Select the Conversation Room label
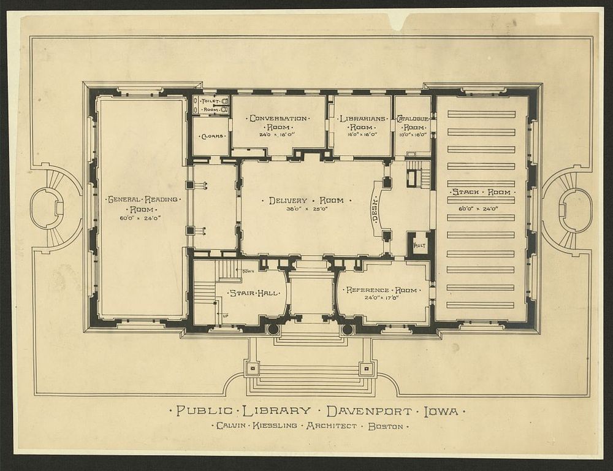pos(278,122)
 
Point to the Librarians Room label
pos(362,122)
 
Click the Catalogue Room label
pos(412,122)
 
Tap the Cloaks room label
pos(210,136)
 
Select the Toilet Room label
pos(210,105)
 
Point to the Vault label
pos(419,245)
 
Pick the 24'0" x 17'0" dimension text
pos(382,299)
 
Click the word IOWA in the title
pos(440,411)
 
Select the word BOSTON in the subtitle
pos(385,426)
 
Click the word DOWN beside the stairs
pos(248,271)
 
